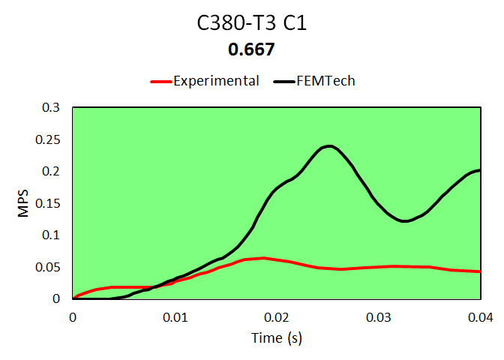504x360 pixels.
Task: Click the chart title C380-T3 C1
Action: point(252,23)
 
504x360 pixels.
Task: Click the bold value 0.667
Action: point(252,50)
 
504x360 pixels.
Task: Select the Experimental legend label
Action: point(216,81)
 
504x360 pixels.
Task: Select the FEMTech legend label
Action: point(324,81)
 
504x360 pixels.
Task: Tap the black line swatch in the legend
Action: point(284,81)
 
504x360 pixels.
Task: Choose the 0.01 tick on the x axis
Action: point(174,316)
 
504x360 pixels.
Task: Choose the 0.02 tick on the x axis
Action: point(276,316)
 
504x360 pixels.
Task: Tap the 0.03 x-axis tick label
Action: point(378,316)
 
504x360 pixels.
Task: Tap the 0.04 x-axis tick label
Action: point(480,316)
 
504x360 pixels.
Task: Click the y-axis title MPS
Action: point(23,203)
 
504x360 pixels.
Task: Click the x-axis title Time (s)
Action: point(276,338)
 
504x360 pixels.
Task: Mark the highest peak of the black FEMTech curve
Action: point(328,145)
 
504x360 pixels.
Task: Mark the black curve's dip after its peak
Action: point(404,220)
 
